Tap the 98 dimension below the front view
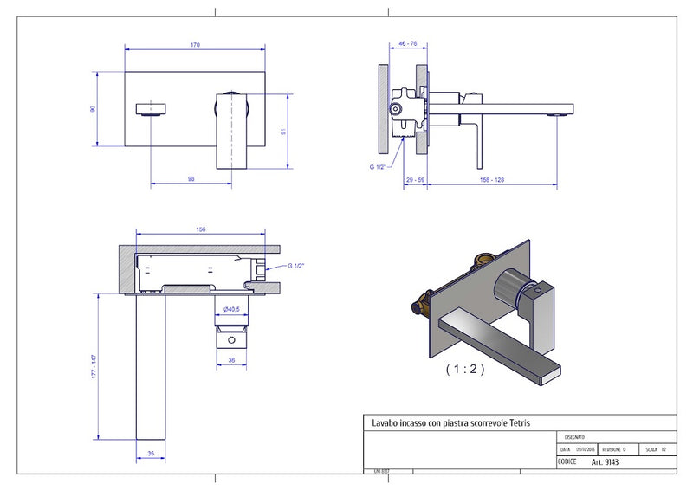tap(191, 179)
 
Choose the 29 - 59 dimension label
tap(414, 179)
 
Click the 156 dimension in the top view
tap(200, 229)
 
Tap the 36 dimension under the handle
tap(231, 361)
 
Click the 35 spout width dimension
tap(151, 452)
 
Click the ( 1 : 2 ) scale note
tap(465, 368)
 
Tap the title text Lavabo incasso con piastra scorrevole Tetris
tap(451, 422)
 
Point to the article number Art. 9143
tap(605, 462)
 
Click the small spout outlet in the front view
tap(152, 108)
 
